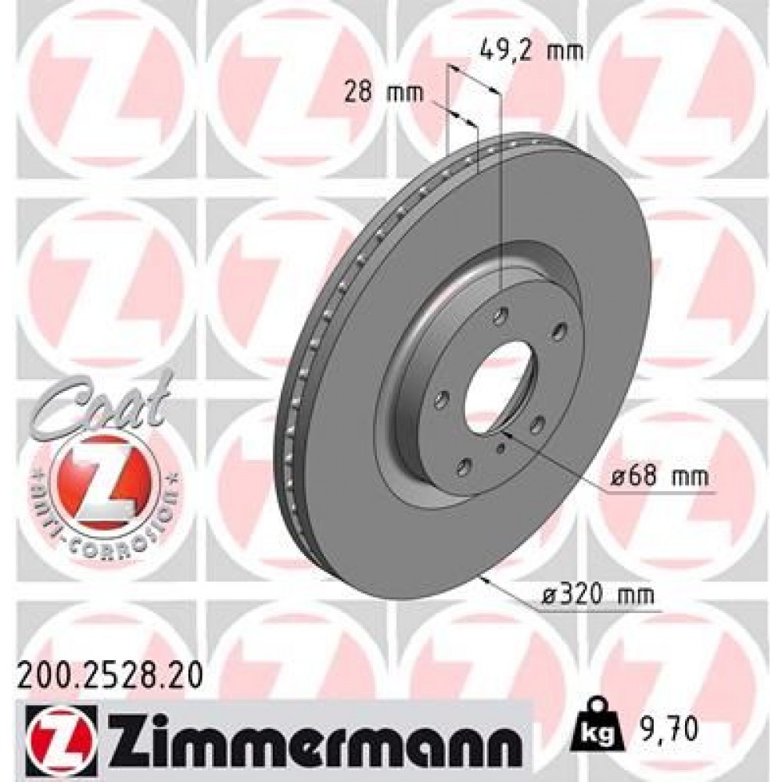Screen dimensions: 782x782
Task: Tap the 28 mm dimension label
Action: pos(383,94)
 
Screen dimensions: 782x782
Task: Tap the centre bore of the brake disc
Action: pos(500,387)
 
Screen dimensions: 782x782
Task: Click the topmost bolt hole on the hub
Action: pos(497,317)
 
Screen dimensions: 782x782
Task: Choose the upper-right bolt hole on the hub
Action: pos(558,332)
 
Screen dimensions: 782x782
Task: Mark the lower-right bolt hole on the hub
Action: pos(539,428)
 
